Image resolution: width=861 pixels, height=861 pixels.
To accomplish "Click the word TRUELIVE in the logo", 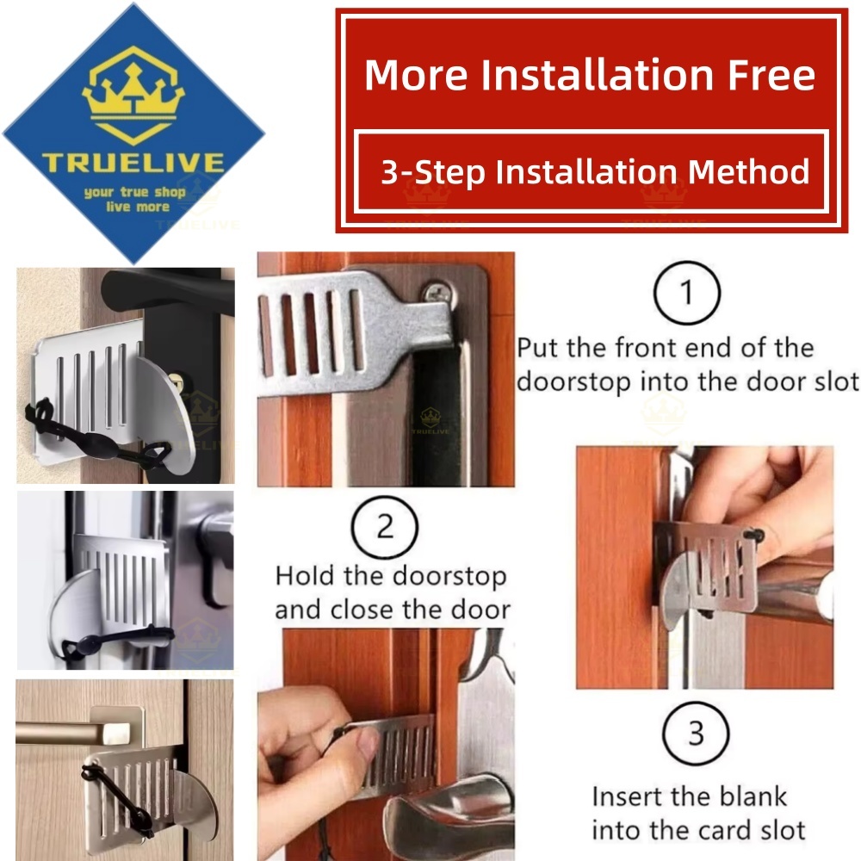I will point(133,163).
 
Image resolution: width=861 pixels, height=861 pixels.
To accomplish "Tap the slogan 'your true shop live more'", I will point(133,199).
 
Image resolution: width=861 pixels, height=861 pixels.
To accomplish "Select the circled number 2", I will point(385,527).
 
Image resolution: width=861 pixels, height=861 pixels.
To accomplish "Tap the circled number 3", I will point(696,734).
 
